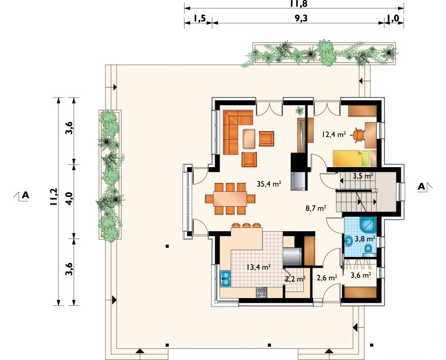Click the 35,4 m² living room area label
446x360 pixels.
[269, 184]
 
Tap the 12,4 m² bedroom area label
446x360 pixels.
[333, 134]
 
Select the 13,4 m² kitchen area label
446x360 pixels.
[258, 267]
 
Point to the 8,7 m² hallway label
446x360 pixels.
[316, 208]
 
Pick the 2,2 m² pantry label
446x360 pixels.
[295, 279]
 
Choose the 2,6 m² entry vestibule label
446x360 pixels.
[327, 278]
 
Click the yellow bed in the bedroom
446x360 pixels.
[351, 158]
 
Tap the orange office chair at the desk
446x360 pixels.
[359, 135]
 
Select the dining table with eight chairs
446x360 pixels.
[230, 198]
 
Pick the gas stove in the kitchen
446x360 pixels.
[261, 293]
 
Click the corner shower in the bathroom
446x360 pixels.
[369, 226]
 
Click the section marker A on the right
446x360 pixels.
[421, 187]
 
